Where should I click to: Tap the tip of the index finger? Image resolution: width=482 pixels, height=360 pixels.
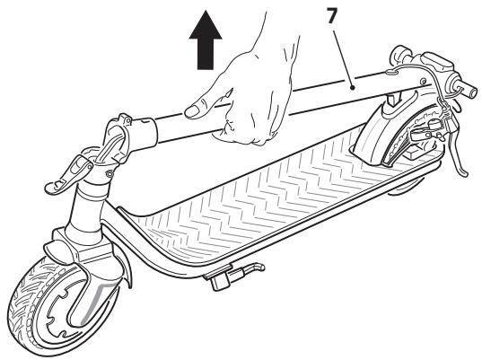point(190,112)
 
